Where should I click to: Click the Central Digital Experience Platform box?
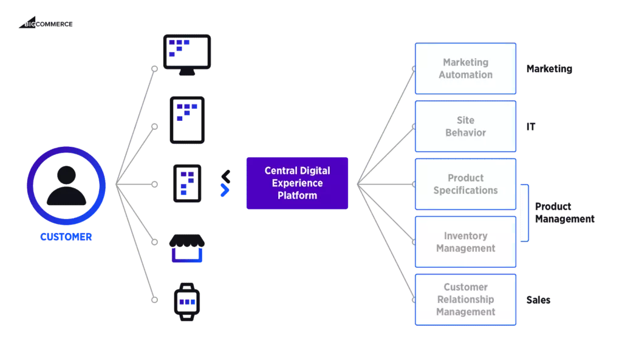pyautogui.click(x=296, y=183)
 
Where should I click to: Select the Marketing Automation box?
pyautogui.click(x=465, y=69)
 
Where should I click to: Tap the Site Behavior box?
pyautogui.click(x=465, y=126)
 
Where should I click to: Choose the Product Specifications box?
pyautogui.click(x=465, y=185)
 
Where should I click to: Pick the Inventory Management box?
pyautogui.click(x=465, y=242)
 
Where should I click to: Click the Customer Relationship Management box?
pyautogui.click(x=465, y=299)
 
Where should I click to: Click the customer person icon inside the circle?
pyautogui.click(x=66, y=186)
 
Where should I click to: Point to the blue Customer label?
pyautogui.click(x=66, y=237)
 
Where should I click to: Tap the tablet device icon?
pyautogui.click(x=186, y=118)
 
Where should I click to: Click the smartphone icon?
pyautogui.click(x=186, y=183)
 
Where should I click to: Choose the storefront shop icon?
pyautogui.click(x=186, y=249)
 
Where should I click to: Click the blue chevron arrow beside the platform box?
pyautogui.click(x=225, y=190)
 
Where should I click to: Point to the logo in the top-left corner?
pyautogui.click(x=46, y=24)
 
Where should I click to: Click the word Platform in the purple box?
pyautogui.click(x=296, y=195)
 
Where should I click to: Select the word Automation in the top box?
pyautogui.click(x=466, y=75)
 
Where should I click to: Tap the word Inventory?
pyautogui.click(x=465, y=236)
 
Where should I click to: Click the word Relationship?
pyautogui.click(x=465, y=299)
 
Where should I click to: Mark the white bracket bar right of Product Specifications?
pyautogui.click(x=524, y=213)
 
